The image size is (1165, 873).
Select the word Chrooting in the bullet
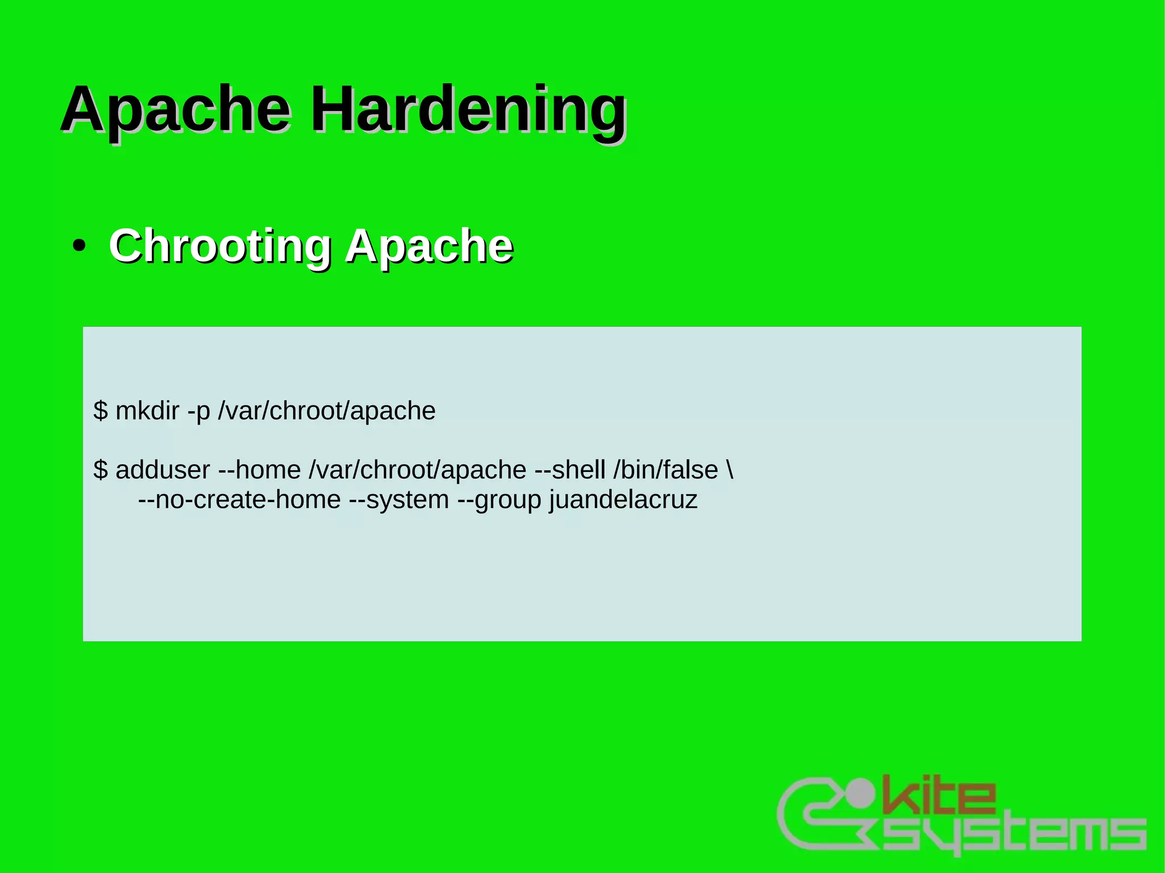click(x=220, y=246)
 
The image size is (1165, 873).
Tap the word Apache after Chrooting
click(x=429, y=246)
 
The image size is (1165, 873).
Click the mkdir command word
click(x=147, y=411)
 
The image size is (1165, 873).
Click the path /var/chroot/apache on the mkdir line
click(x=327, y=411)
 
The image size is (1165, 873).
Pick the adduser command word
click(x=163, y=470)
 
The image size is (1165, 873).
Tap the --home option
click(x=259, y=470)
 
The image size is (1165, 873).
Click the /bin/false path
click(x=666, y=470)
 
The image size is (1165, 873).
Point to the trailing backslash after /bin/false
click(x=730, y=470)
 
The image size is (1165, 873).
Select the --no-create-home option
click(x=239, y=500)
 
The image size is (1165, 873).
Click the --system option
click(x=399, y=500)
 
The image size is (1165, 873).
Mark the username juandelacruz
click(x=623, y=500)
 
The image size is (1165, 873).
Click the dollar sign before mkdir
click(x=101, y=411)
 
